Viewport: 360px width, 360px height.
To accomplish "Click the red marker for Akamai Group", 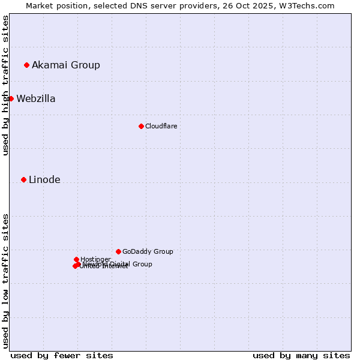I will (26, 65).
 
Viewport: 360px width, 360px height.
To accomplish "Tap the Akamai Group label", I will (66, 65).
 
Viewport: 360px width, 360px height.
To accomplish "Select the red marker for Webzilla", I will (11, 98).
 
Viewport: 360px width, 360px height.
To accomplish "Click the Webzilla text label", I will (36, 99).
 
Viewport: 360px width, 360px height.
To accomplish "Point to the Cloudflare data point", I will (141, 126).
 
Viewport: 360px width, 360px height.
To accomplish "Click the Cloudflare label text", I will (161, 127).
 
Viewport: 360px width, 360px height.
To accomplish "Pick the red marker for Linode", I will (23, 179).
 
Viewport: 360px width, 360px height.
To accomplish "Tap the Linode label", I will (44, 180).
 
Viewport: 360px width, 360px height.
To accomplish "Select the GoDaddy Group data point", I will (118, 251).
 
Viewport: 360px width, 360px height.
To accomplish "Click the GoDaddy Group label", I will (148, 252).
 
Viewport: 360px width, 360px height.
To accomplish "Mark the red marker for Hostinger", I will (76, 259).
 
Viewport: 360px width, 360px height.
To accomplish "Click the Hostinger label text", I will (95, 259).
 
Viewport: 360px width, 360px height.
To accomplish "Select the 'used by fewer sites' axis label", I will (62, 355).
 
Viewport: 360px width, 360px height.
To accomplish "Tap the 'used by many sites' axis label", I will (301, 355).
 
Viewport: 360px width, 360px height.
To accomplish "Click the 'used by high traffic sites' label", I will (6, 85).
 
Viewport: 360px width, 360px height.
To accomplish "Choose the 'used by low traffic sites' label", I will (6, 280).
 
